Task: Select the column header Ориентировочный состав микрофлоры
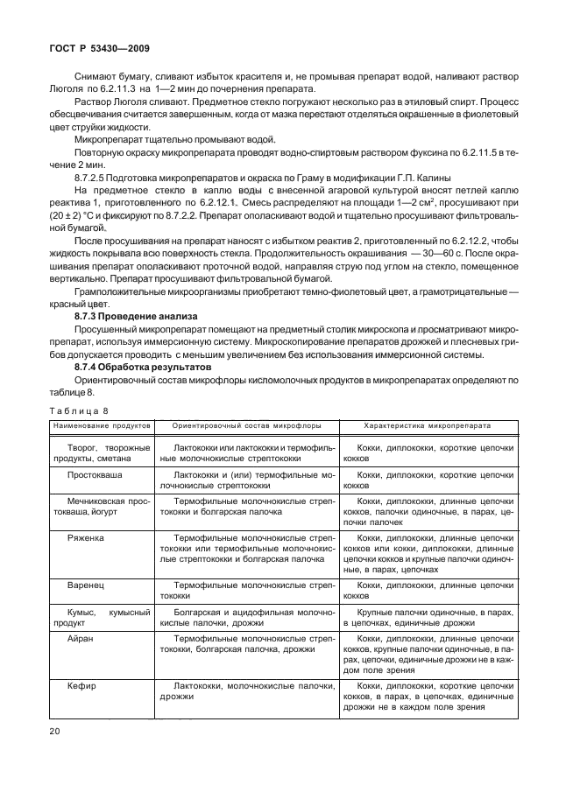[246, 424]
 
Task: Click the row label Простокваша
[96, 472]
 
